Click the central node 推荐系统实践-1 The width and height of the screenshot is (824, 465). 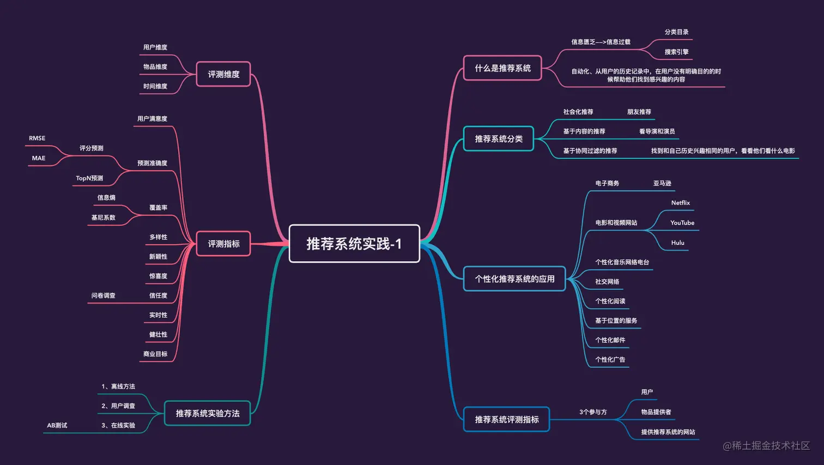pos(354,244)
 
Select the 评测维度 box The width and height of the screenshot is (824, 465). pos(223,74)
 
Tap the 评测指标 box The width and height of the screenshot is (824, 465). pos(223,244)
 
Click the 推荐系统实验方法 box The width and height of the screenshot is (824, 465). pos(207,413)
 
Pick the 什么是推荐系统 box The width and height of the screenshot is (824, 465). pos(502,68)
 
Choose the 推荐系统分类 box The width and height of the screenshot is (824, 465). pos(499,139)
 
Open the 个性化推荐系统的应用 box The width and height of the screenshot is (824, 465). pos(514,279)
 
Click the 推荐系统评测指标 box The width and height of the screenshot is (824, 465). pos(506,419)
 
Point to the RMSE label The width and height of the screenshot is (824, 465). pos(37,138)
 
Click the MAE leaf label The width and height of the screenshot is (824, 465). pos(39,158)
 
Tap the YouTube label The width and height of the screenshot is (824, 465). pos(682,223)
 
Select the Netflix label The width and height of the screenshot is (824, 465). pos(680,203)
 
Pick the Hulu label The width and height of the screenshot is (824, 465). pos(677,243)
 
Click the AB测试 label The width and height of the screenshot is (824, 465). pos(57,426)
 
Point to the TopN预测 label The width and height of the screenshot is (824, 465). pos(89,178)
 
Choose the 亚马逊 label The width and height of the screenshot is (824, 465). pos(662,183)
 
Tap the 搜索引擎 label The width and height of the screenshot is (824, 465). pos(676,52)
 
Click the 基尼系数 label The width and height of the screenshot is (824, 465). pos(103,218)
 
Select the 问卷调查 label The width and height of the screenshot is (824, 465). pos(103,295)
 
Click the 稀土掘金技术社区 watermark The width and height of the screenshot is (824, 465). pos(766,445)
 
